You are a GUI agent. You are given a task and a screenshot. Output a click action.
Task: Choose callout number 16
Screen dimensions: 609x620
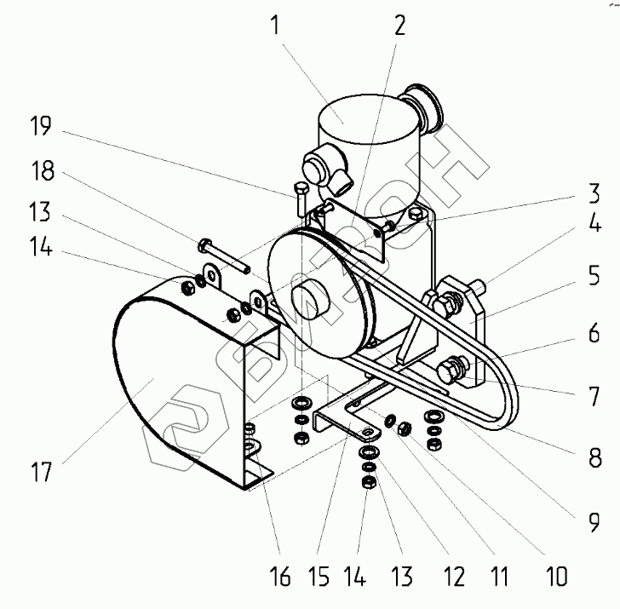pyautogui.click(x=280, y=578)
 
